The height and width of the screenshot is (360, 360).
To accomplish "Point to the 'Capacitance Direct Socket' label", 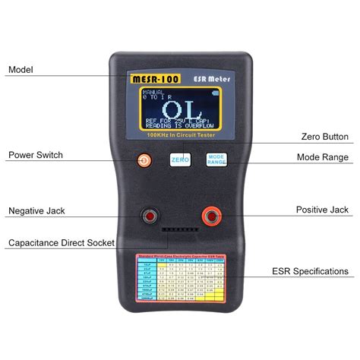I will (x=61, y=244).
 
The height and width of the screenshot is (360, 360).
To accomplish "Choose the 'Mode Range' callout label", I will (x=323, y=157).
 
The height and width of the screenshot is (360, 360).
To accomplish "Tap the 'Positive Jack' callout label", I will (x=323, y=210).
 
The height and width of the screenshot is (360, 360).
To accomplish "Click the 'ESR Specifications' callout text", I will (x=310, y=271).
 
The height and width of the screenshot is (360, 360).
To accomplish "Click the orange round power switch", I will (x=143, y=160).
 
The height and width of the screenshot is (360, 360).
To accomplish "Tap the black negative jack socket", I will (x=150, y=218).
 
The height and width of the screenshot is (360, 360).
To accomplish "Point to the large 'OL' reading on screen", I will (x=179, y=107).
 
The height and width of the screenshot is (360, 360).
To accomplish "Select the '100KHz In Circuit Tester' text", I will (x=179, y=135).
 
